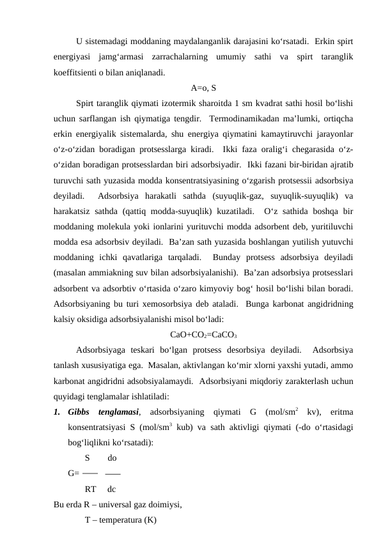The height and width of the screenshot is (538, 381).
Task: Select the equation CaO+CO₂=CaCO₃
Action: pos(204,334)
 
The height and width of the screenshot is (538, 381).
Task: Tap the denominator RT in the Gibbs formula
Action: pos(90,489)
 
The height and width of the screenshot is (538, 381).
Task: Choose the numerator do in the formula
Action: pos(112,458)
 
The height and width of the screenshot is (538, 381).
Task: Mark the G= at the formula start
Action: pos(74,473)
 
